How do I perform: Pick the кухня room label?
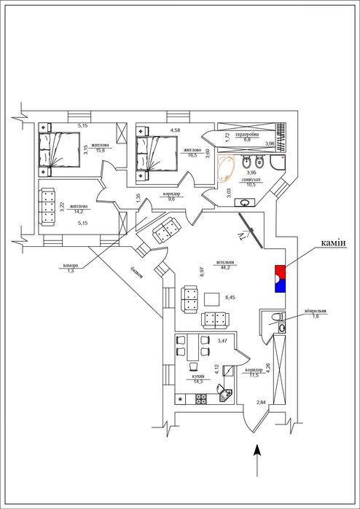click(x=199, y=376)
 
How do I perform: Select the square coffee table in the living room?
click(x=212, y=299)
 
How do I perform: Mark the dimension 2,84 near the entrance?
click(x=261, y=402)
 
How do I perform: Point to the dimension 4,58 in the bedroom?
click(x=176, y=130)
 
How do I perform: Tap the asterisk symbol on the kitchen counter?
click(x=180, y=399)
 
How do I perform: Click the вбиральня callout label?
click(x=316, y=311)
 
